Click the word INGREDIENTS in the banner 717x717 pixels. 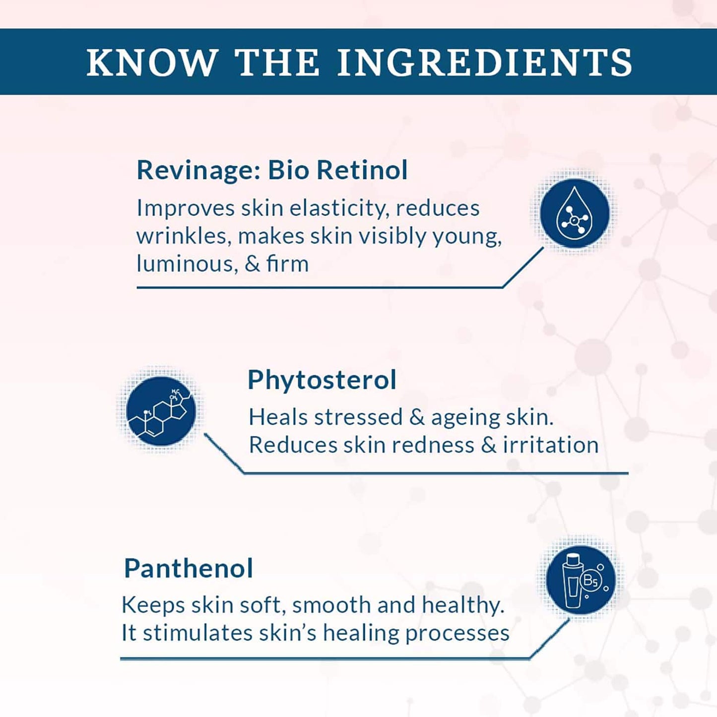(484, 63)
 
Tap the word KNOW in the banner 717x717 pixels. (152, 63)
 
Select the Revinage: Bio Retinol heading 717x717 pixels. (272, 170)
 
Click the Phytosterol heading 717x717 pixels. (322, 381)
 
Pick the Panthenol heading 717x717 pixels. (189, 569)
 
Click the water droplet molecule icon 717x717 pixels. (575, 213)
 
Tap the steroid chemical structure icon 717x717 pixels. (161, 411)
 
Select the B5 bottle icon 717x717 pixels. (581, 579)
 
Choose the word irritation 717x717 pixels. (551, 445)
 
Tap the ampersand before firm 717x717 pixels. (252, 264)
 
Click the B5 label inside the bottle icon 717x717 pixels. (590, 581)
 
